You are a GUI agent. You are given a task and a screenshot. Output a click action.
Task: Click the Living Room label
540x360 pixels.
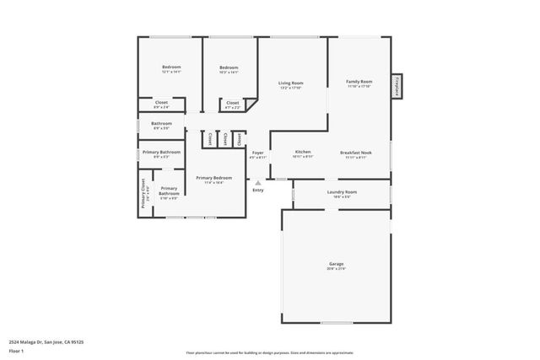coord(290,83)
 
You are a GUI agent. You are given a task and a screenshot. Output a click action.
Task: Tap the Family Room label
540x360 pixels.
coord(359,82)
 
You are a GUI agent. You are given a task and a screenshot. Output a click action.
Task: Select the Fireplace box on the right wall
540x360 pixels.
coord(396,86)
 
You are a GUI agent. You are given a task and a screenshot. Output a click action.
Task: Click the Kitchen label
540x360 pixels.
coord(302,153)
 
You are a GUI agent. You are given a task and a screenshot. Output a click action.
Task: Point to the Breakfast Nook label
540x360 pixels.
coord(356,153)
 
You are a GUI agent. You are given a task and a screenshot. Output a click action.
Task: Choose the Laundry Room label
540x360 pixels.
coord(342,192)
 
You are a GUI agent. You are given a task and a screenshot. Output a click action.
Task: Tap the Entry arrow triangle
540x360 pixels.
coord(258,182)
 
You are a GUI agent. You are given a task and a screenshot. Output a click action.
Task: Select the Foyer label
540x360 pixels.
coord(258,153)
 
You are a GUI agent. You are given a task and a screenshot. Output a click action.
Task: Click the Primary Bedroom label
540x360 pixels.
coord(213,178)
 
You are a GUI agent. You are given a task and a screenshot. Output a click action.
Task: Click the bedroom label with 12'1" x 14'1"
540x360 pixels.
coord(171,67)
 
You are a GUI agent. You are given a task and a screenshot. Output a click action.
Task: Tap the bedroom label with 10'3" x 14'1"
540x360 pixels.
coord(229,67)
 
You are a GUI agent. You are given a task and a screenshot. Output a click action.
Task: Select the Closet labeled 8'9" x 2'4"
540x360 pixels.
coord(161,103)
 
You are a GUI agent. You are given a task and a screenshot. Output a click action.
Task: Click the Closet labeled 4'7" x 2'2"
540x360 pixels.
coord(232,103)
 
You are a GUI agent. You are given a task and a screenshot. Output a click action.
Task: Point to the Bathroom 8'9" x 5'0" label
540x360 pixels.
coord(161,124)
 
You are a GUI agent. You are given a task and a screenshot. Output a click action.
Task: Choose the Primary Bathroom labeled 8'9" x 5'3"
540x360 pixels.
coord(161,152)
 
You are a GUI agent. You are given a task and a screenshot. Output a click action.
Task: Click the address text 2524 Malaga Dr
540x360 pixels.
coord(46,341)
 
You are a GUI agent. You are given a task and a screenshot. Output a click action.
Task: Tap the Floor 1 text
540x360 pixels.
coord(14,350)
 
